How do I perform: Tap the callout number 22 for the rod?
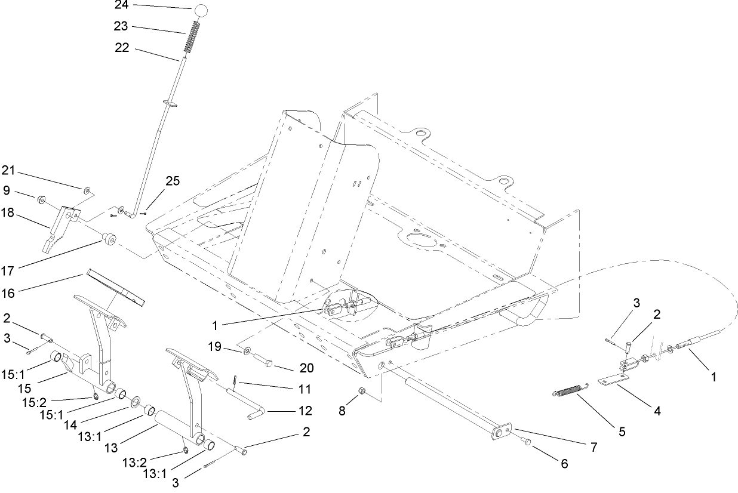click(x=122, y=48)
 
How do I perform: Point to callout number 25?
click(x=173, y=181)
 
